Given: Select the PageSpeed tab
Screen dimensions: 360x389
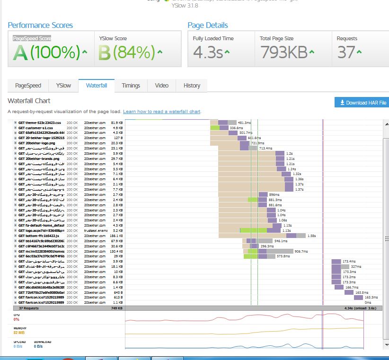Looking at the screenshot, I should pos(28,86).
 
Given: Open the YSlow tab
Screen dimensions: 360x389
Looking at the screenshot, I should pos(63,86).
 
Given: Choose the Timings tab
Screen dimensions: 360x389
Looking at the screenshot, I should pos(131,86).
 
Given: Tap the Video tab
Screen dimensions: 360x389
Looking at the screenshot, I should pos(161,86).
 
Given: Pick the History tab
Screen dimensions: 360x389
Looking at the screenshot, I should pos(192,86).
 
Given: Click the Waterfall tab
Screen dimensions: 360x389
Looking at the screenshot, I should pos(97,86).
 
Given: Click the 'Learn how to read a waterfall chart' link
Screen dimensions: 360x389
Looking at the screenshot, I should pos(162,112).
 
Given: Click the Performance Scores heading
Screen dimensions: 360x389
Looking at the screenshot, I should pos(40,25).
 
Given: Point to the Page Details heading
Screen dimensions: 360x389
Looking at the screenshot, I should pos(208,25).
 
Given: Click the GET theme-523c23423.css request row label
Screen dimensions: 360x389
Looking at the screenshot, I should pos(40,123).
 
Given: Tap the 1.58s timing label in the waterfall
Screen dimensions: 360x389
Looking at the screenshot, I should pos(311,236).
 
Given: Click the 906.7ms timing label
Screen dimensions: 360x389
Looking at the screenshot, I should pos(301,251).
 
